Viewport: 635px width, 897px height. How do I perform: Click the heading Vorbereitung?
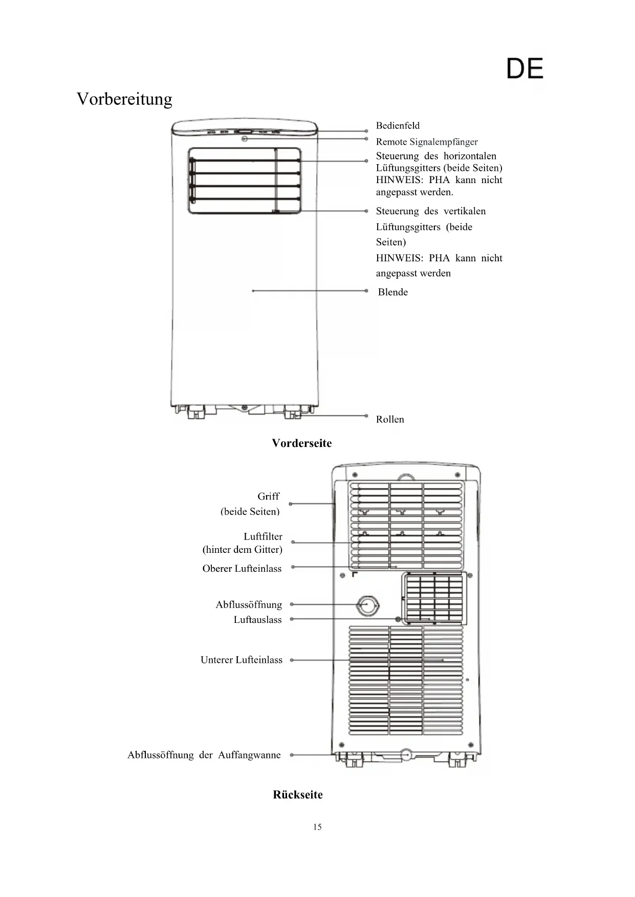coord(124,99)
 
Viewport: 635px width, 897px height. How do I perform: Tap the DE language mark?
coord(525,69)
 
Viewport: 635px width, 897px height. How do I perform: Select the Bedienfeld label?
coord(398,126)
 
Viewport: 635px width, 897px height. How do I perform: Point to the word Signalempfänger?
coord(444,142)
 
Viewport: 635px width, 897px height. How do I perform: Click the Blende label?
coord(393,292)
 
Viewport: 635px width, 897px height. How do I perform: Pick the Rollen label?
coord(390,419)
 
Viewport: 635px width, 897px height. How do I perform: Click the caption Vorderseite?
coord(302,443)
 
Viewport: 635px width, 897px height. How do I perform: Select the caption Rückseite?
coord(298,795)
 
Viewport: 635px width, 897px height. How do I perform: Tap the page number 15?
coord(317,827)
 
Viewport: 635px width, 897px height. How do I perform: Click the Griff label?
coord(268,497)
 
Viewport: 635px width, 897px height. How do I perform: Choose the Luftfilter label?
coord(263,536)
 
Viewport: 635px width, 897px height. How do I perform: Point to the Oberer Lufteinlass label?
coord(242,569)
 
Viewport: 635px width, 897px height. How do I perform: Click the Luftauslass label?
coord(258,620)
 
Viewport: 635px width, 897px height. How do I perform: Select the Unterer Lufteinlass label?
coord(242,660)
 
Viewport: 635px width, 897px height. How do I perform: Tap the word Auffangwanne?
coord(249,755)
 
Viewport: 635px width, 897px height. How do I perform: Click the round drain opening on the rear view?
coord(368,606)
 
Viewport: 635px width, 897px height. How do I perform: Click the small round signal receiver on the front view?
coord(245,138)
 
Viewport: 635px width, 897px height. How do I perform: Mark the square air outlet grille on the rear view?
coord(434,597)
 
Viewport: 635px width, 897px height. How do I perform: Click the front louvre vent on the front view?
coord(245,181)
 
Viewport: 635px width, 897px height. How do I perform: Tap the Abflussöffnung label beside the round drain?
coord(249,605)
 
